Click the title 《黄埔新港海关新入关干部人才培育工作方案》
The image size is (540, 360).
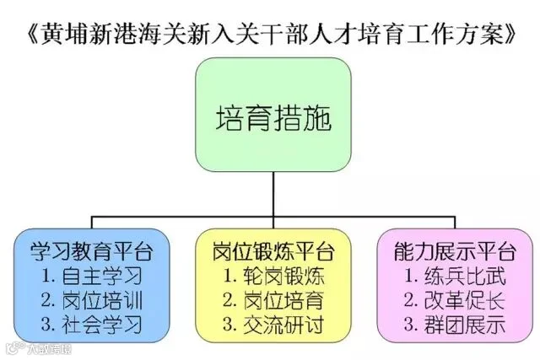271,35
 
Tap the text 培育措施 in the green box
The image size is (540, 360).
273,118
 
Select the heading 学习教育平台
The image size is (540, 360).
92,251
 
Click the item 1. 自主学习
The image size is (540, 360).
92,276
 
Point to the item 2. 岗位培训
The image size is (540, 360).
92,300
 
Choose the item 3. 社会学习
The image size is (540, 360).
92,325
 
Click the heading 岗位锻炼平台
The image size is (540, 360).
273,251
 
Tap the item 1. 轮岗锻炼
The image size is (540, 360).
273,276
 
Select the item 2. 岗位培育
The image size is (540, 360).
273,300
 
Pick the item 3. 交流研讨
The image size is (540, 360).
273,325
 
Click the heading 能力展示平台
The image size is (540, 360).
455,251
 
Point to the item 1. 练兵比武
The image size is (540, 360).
455,276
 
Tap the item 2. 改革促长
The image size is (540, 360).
455,300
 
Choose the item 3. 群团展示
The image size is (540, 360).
455,325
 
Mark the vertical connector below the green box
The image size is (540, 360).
273,194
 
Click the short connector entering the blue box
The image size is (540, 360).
92,223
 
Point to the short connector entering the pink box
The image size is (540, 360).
455,223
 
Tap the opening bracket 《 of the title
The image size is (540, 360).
33,35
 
